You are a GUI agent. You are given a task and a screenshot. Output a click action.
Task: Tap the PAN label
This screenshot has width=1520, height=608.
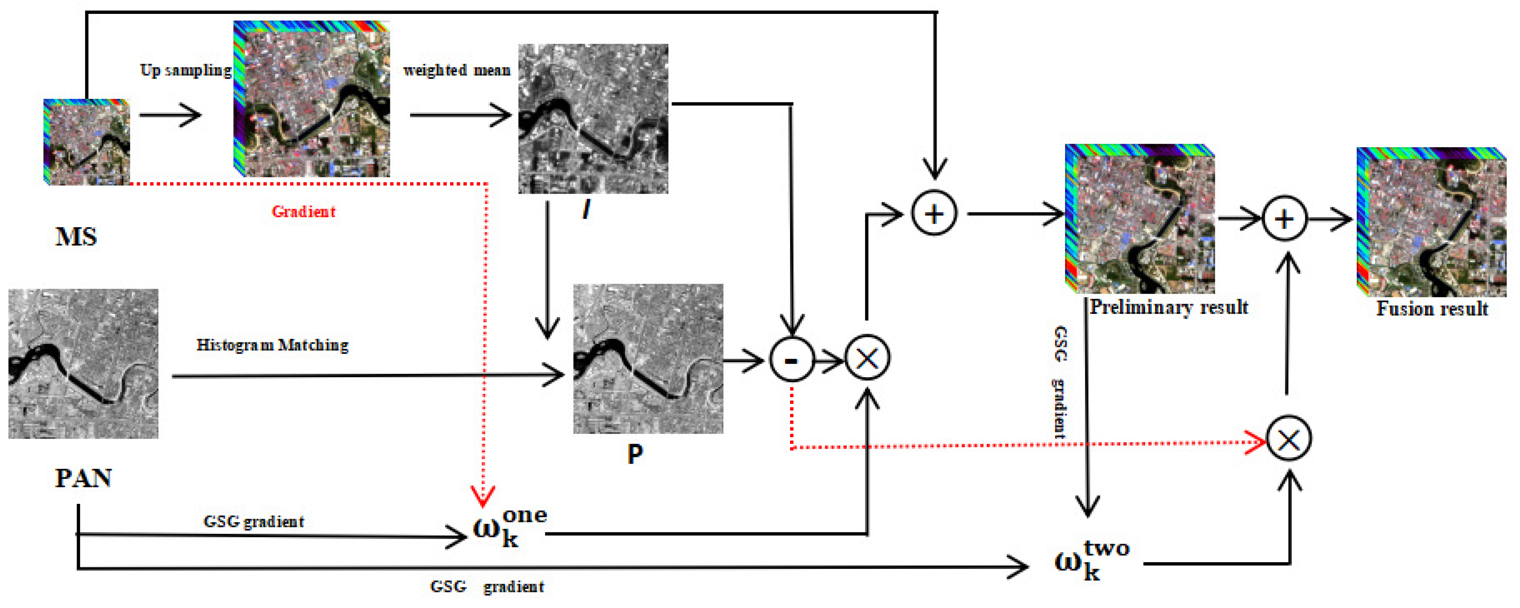pyautogui.click(x=83, y=478)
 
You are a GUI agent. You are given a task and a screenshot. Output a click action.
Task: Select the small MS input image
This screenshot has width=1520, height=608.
pyautogui.click(x=87, y=142)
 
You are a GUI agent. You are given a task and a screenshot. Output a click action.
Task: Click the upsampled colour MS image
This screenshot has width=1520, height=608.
pyautogui.click(x=312, y=99)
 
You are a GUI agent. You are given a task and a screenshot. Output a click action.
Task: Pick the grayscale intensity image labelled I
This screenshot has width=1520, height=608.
pyautogui.click(x=593, y=118)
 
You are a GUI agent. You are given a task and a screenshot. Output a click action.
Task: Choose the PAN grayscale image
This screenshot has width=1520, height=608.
pyautogui.click(x=83, y=363)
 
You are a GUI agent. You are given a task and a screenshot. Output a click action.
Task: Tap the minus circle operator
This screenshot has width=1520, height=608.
pyautogui.click(x=791, y=359)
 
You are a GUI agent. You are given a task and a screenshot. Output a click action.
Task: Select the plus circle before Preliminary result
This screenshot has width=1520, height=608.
pyautogui.click(x=934, y=213)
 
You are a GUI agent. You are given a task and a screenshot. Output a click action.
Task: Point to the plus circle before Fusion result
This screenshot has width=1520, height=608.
pyautogui.click(x=1285, y=219)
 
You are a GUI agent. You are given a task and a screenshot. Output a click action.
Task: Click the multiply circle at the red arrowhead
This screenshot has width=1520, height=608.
pyautogui.click(x=1289, y=439)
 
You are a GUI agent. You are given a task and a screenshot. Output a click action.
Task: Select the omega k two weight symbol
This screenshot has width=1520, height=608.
pyautogui.click(x=1092, y=560)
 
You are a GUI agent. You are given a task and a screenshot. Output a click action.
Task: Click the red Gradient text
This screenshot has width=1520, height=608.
pyautogui.click(x=303, y=212)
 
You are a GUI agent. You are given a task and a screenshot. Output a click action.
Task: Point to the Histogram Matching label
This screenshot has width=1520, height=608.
pyautogui.click(x=272, y=345)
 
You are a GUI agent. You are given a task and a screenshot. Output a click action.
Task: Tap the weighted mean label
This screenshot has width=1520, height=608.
pyautogui.click(x=457, y=70)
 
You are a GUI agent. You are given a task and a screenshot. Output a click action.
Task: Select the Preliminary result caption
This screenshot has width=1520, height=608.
pyautogui.click(x=1168, y=307)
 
